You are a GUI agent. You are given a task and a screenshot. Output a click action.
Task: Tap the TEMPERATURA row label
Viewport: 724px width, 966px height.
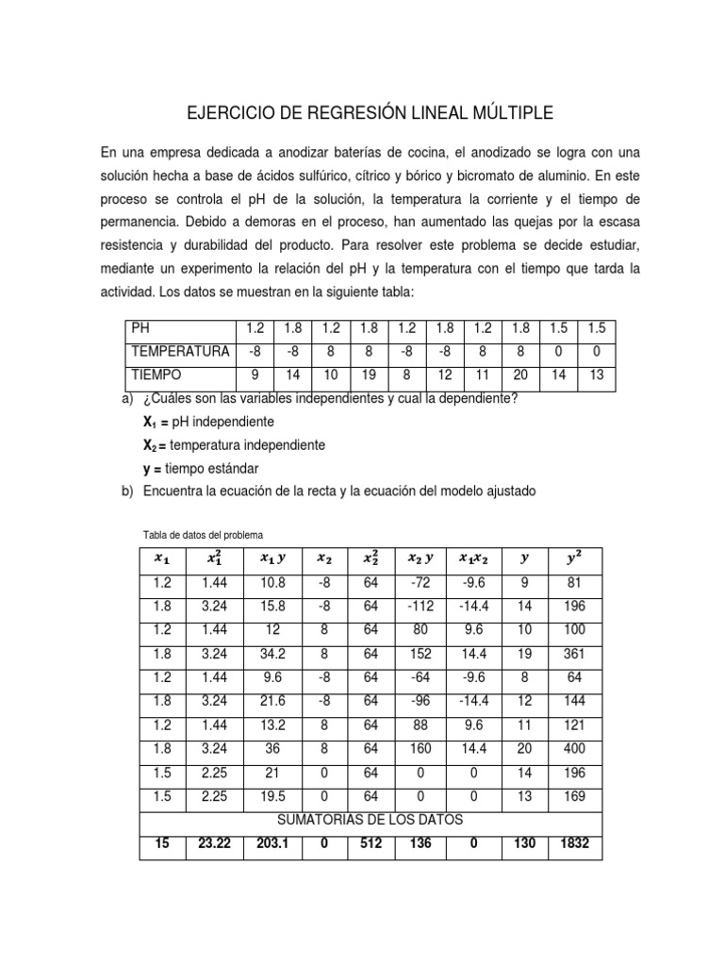(x=181, y=352)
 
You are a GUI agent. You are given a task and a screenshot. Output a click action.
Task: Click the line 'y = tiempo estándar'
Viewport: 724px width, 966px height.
(x=200, y=468)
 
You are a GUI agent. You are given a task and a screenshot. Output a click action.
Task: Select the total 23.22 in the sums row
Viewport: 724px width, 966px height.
(x=216, y=844)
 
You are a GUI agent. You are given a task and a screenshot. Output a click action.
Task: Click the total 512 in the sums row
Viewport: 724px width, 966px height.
(x=370, y=844)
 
